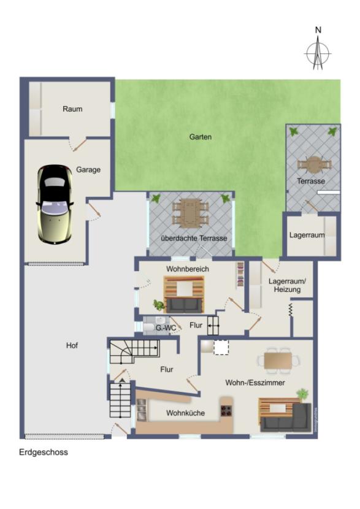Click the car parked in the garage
55,204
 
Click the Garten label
201,137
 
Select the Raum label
72,109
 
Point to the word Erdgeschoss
44,452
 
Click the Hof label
72,345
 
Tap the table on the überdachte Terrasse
190,213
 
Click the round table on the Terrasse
314,165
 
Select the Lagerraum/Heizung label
287,285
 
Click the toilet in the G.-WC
149,327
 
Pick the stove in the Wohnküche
226,411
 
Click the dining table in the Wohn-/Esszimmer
278,361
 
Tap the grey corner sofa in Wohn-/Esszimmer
286,418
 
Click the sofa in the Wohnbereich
185,305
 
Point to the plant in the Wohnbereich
159,305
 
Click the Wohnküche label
185,413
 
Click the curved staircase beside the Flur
134,351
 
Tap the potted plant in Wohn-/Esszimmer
302,394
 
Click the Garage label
88,169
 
